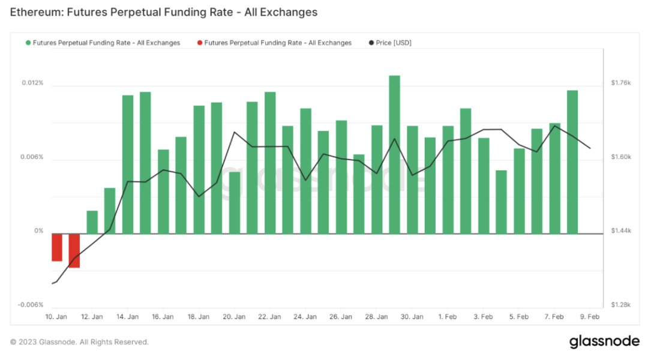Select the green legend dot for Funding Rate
[28, 43]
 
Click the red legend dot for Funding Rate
[200, 43]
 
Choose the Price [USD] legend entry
[390, 43]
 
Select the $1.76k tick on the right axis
[620, 83]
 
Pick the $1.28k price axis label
[620, 305]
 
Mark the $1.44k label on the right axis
[620, 231]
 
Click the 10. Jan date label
[56, 317]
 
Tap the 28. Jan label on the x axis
[376, 317]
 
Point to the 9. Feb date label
[590, 317]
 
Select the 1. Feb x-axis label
[448, 317]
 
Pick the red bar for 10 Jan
[57, 247]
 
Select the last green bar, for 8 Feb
[572, 162]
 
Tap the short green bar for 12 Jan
[92, 222]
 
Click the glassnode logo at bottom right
[604, 341]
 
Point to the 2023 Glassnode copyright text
[79, 342]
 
